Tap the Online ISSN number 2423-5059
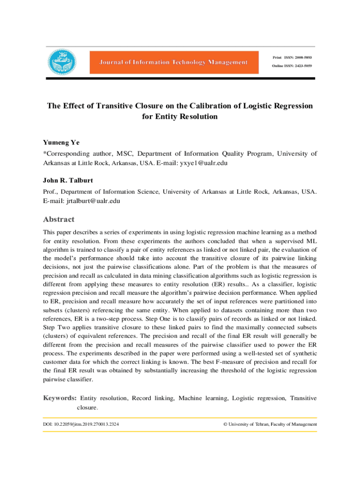(x=302, y=66)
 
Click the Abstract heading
(x=58, y=219)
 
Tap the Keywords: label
(x=60, y=398)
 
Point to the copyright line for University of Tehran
(x=270, y=424)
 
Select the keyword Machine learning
(x=203, y=398)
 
